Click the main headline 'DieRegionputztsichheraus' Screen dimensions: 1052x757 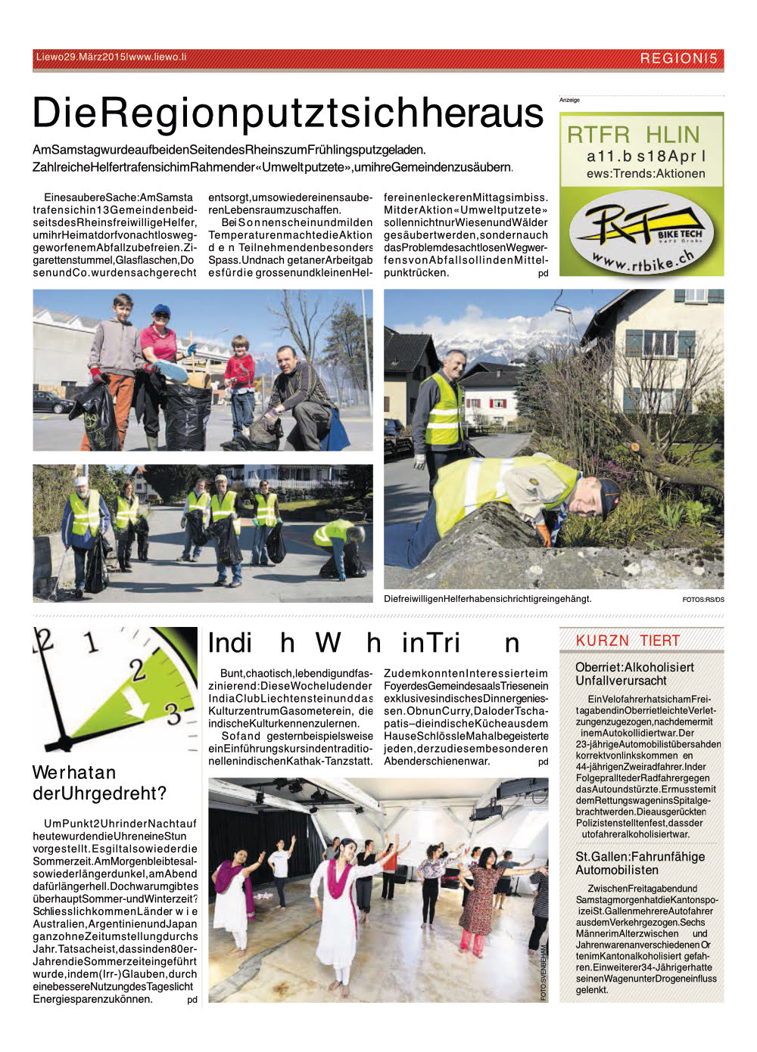(288, 113)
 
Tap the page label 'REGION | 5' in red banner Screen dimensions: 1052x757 (678, 58)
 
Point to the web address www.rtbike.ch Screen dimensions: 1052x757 (643, 261)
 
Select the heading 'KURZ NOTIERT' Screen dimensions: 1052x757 (628, 641)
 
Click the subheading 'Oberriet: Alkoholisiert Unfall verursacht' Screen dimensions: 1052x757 (634, 674)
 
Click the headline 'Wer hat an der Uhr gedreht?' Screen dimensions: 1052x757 (99, 783)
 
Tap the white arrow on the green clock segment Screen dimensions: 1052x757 (136, 707)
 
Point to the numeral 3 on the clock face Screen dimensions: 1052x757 (173, 713)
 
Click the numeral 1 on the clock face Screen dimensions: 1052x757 (92, 643)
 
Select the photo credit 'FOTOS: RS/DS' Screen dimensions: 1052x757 (702, 600)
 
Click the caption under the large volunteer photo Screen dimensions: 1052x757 (488, 599)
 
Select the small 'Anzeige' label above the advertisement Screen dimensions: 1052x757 (569, 100)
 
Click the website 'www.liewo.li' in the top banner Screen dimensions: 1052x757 (157, 57)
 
